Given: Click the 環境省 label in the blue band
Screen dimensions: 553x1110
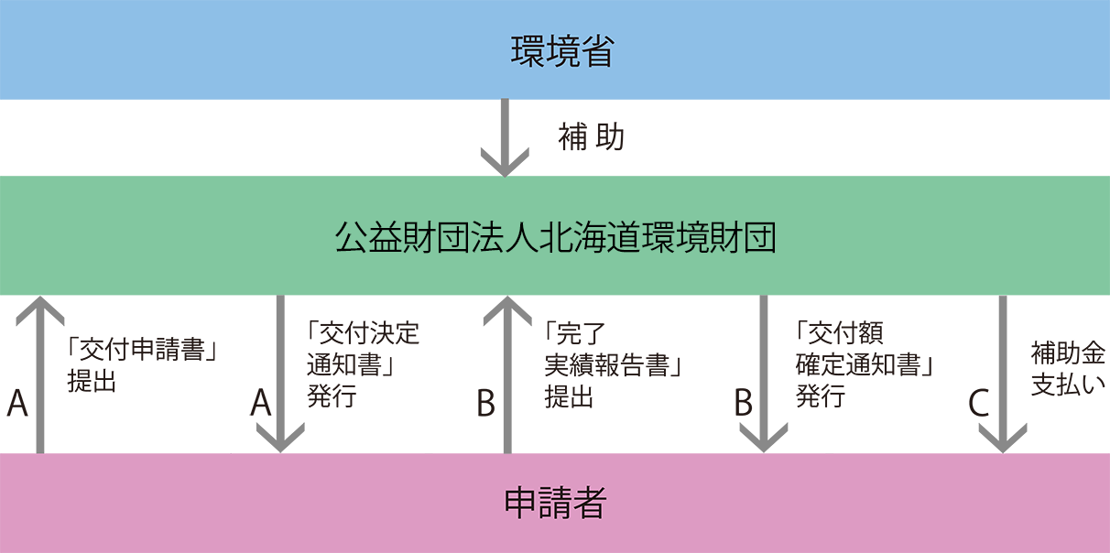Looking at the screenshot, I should (x=561, y=51).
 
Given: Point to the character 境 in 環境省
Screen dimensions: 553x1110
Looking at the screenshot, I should (x=562, y=51).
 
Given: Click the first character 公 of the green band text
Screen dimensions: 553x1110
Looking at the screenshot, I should (x=352, y=238).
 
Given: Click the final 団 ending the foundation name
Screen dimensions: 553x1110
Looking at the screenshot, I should (x=759, y=238).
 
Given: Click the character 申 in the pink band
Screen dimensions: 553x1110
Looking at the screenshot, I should (x=520, y=503).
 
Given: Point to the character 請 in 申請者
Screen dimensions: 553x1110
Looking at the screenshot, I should (x=555, y=503).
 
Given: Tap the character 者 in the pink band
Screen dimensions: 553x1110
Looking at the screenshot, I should (x=590, y=503).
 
